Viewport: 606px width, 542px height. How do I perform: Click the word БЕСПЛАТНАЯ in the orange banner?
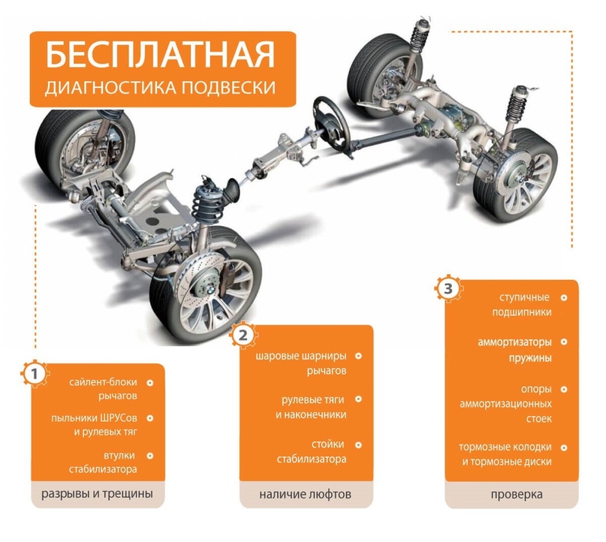[x=161, y=55]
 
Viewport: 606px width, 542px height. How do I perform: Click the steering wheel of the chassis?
[x=332, y=123]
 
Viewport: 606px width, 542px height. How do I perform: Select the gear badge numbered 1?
[x=35, y=374]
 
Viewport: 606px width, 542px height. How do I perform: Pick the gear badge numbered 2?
[x=243, y=335]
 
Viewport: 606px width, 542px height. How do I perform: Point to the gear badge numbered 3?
[x=448, y=288]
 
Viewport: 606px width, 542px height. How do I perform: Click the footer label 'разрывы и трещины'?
[x=97, y=494]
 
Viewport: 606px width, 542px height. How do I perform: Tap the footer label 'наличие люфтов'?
[x=306, y=494]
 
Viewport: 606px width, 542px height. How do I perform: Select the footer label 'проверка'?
[x=517, y=495]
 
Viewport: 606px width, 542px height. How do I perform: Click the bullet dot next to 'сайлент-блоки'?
[x=150, y=383]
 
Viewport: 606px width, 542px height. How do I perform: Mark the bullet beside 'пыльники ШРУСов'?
[x=150, y=418]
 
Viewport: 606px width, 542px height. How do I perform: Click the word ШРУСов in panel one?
[x=119, y=418]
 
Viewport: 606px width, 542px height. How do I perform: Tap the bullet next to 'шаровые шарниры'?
[x=358, y=356]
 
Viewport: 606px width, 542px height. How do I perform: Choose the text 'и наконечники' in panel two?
[x=311, y=415]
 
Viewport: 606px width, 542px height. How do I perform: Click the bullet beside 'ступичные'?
[x=564, y=298]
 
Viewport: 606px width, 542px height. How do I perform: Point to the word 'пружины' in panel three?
[x=530, y=358]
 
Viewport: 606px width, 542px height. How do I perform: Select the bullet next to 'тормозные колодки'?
[x=564, y=447]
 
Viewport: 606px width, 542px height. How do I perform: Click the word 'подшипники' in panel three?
[x=522, y=312]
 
